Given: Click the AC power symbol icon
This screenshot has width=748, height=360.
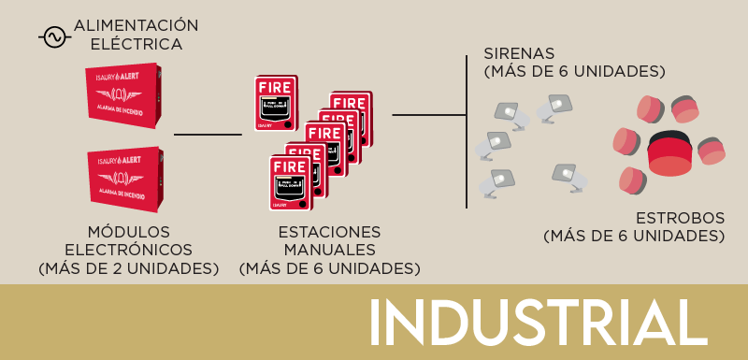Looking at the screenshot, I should click(x=53, y=36).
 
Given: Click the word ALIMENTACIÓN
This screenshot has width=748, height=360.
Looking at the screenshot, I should click(x=136, y=25).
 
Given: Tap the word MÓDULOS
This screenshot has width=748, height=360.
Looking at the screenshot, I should click(x=128, y=231).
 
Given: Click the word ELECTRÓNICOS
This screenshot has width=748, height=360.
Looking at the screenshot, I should click(x=128, y=250).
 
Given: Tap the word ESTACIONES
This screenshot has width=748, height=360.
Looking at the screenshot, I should click(x=330, y=231).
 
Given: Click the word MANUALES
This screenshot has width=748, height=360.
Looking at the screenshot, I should click(x=330, y=250).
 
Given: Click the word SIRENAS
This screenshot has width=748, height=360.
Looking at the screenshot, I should click(x=520, y=52).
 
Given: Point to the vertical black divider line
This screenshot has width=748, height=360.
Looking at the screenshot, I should click(x=466, y=131).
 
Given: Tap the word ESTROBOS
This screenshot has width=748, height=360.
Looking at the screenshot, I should click(x=680, y=218).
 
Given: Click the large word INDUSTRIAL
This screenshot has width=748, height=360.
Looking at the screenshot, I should click(x=538, y=324).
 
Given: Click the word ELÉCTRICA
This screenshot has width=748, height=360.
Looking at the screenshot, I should click(x=137, y=44).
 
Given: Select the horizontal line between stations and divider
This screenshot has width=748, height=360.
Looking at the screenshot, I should click(x=428, y=115).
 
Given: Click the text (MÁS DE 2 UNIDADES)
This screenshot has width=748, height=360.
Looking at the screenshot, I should click(x=128, y=268).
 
